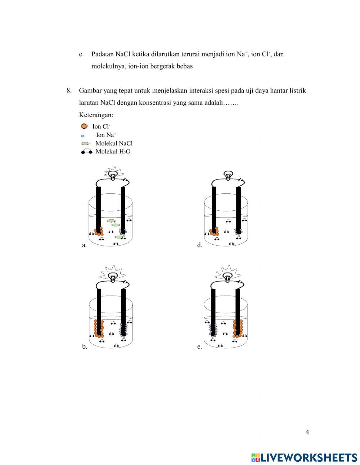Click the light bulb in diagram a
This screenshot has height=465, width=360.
pyautogui.click(x=113, y=175)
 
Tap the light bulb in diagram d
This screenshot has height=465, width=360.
pyautogui.click(x=228, y=175)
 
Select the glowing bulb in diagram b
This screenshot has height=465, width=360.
pyautogui.click(x=113, y=277)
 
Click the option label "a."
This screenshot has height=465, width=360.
pyautogui.click(x=84, y=245)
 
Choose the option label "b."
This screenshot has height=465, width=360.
pyautogui.click(x=84, y=347)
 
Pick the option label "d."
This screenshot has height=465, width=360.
pyautogui.click(x=199, y=245)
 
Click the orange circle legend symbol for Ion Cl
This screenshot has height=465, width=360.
pyautogui.click(x=84, y=126)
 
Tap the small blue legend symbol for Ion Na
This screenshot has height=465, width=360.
pyautogui.click(x=83, y=136)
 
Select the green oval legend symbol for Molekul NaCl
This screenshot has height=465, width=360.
pyautogui.click(x=85, y=143)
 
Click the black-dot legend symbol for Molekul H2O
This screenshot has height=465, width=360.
pyautogui.click(x=86, y=152)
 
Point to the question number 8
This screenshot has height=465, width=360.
pyautogui.click(x=69, y=90)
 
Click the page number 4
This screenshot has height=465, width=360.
pyautogui.click(x=307, y=432)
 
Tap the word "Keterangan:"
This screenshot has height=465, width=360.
pyautogui.click(x=96, y=115)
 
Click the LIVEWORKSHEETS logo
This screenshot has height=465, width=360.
pyautogui.click(x=304, y=457)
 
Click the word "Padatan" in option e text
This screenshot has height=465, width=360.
pyautogui.click(x=103, y=54)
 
